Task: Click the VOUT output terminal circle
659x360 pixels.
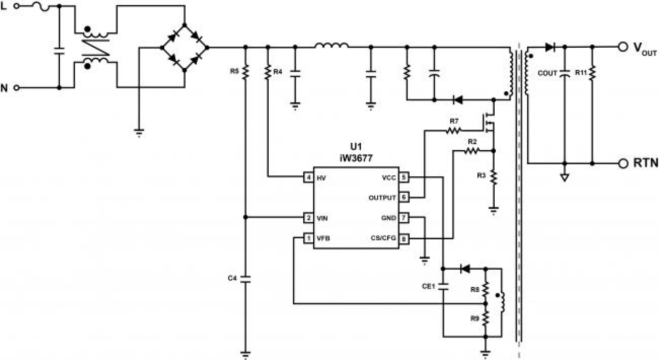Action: click(622, 47)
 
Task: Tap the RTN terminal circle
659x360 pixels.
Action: click(622, 163)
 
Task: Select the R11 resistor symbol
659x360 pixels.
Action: click(592, 73)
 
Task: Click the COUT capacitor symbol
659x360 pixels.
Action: click(565, 73)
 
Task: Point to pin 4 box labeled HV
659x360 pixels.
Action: click(309, 178)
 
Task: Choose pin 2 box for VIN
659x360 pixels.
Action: click(309, 217)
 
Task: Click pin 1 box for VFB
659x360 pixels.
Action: click(309, 238)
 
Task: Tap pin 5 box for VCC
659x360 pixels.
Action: click(403, 177)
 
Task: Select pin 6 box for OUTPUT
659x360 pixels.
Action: click(403, 197)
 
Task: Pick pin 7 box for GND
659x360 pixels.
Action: click(403, 217)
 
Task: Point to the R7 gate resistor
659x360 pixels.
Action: click(453, 130)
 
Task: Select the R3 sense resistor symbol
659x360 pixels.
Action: click(493, 176)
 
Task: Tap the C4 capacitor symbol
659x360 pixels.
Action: click(245, 278)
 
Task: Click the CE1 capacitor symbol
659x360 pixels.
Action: click(443, 286)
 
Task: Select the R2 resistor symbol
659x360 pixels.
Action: click(471, 151)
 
